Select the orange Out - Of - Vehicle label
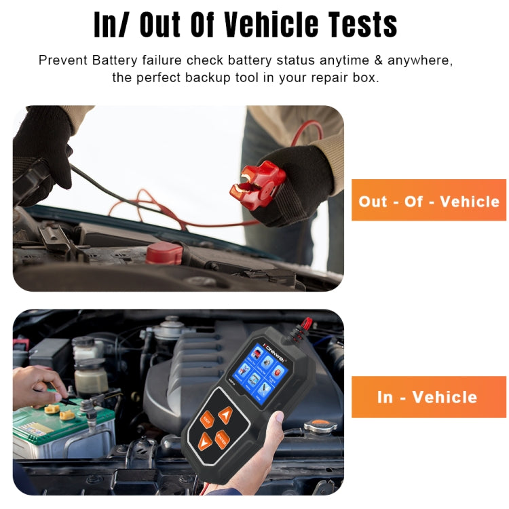[428, 200]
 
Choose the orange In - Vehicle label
[428, 397]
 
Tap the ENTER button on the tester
[222, 440]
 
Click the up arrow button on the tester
[225, 415]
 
